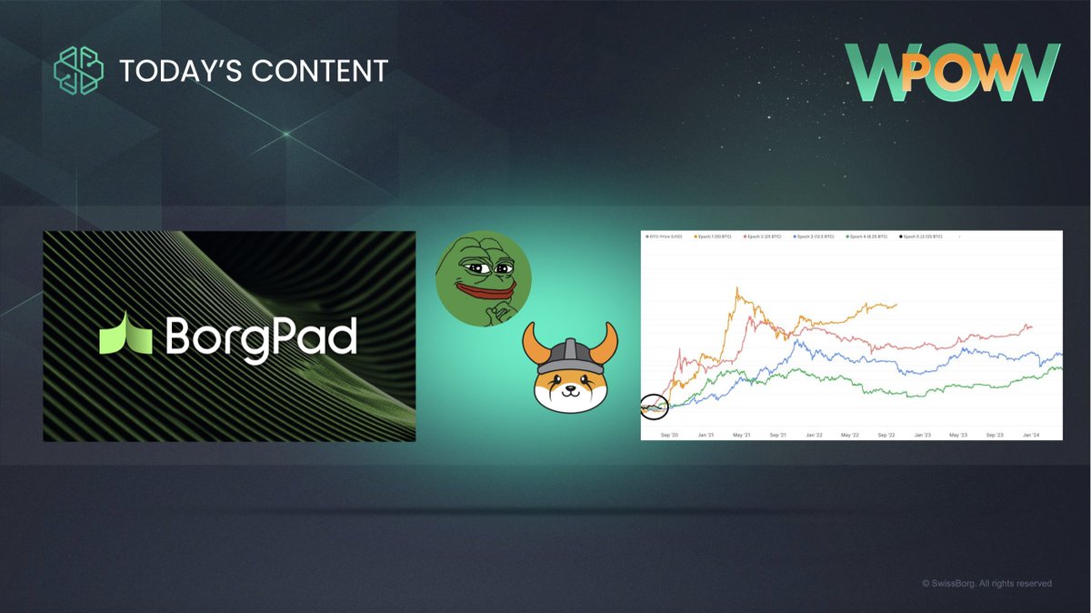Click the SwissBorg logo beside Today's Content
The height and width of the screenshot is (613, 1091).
tap(79, 69)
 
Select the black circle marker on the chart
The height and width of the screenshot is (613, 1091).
tap(654, 408)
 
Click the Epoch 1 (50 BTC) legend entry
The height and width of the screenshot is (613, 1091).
tap(716, 236)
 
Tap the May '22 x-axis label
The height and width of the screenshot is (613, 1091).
tap(851, 436)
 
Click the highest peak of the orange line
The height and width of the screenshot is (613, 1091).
tap(737, 290)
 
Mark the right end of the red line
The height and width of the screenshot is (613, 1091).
tap(1031, 327)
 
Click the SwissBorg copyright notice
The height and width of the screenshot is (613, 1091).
tap(986, 583)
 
